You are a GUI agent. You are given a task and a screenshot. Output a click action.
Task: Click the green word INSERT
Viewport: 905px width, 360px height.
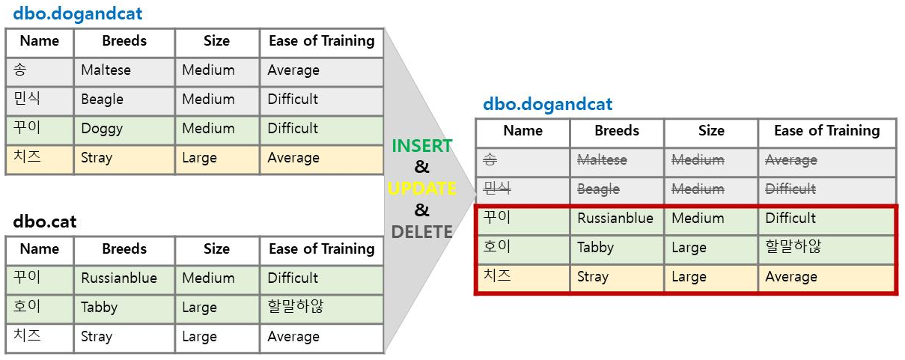click(x=422, y=146)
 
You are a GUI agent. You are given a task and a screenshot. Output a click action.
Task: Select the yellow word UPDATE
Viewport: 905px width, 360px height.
click(x=422, y=189)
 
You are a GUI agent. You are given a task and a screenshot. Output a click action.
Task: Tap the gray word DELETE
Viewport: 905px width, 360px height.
click(x=422, y=232)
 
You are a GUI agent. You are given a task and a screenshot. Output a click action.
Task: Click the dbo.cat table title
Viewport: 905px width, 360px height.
click(x=45, y=222)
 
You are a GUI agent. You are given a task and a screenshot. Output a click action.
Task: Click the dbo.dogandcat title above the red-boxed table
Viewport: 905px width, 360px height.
click(x=547, y=105)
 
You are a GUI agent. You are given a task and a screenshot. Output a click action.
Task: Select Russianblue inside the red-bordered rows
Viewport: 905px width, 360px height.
click(x=615, y=219)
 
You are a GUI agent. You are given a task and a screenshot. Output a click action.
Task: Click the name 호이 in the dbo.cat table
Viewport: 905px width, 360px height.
click(x=27, y=307)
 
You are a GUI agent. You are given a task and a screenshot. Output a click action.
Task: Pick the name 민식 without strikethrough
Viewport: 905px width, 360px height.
click(x=27, y=99)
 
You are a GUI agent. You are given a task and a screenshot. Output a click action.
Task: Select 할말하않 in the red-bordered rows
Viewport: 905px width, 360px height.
click(x=793, y=247)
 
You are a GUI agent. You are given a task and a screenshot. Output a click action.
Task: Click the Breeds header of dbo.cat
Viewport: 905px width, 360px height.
click(x=124, y=249)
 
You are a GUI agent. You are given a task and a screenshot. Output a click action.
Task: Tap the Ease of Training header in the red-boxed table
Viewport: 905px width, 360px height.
click(x=826, y=131)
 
